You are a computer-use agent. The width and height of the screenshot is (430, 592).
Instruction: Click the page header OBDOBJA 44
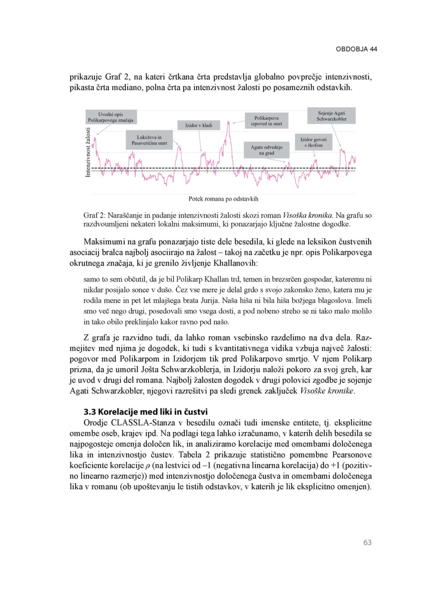click(356, 49)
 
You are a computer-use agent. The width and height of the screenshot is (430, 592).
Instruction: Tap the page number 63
click(367, 543)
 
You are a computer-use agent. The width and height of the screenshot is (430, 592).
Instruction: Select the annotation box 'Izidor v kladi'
click(199, 125)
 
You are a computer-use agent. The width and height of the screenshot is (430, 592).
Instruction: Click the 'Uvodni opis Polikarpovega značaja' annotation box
click(111, 117)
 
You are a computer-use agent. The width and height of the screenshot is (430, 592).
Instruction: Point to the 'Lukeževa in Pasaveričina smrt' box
click(149, 140)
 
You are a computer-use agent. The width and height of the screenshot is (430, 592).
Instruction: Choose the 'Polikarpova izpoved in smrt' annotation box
click(266, 121)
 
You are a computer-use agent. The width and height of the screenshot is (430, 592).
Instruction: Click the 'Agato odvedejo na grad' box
click(267, 150)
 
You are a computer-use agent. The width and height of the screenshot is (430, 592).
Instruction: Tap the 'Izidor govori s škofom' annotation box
click(313, 142)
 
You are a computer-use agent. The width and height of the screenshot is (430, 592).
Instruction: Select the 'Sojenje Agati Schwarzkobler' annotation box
click(331, 116)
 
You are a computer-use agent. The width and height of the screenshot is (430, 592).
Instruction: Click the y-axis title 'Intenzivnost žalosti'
click(88, 152)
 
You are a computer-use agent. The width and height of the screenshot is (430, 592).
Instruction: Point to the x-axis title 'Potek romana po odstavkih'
click(223, 199)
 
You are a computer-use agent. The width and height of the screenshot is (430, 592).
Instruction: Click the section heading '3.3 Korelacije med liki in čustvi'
click(146, 412)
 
